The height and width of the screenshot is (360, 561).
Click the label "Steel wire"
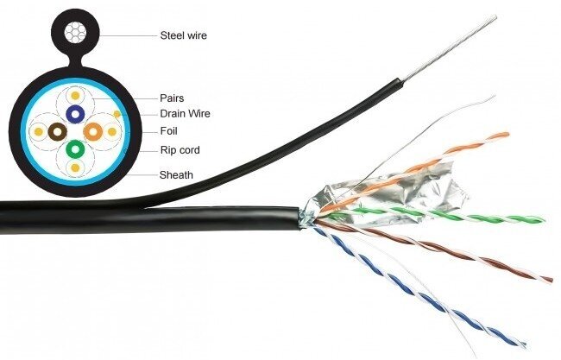184,35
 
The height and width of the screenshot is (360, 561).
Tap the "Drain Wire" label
185,113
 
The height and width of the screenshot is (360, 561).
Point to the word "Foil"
170,131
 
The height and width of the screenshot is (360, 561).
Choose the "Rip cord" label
180,150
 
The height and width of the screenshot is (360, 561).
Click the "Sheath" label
176,175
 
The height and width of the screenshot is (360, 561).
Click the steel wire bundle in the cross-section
75,32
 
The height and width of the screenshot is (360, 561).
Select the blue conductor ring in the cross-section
75,113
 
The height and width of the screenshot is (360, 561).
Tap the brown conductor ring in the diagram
58,131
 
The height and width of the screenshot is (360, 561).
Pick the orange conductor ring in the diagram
93,131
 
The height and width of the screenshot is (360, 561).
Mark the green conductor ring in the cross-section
75,149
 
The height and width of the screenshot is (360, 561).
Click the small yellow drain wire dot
115,114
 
